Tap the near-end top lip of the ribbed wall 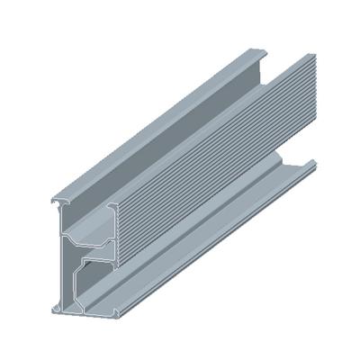pos(116,209)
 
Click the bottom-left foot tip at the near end pos(56,310)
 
